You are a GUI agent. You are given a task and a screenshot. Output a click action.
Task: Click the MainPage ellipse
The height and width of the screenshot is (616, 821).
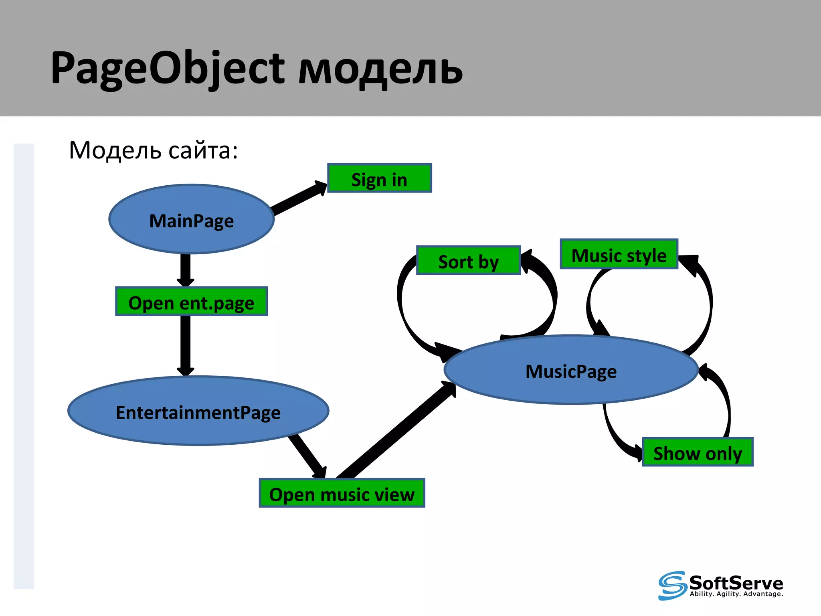192,219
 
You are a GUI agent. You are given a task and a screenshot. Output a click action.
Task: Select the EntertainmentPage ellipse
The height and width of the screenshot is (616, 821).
198,411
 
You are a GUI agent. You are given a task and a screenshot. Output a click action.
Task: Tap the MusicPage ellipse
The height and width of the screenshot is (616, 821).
571,370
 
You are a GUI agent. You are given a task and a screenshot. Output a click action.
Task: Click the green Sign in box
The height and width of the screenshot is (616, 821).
379,178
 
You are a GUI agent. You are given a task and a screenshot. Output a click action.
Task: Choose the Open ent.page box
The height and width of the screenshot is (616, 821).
191,302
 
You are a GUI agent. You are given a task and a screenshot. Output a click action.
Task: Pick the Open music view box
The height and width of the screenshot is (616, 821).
342,493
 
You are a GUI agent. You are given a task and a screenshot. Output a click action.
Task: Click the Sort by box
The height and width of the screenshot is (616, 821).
468,261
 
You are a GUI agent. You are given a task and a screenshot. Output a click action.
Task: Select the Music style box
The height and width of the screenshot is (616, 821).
619,254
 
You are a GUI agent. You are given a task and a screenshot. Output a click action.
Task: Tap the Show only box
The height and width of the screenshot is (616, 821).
697,452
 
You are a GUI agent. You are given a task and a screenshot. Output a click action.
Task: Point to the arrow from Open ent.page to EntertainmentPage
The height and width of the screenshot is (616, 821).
185,345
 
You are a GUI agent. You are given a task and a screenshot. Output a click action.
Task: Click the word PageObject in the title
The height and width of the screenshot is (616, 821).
168,68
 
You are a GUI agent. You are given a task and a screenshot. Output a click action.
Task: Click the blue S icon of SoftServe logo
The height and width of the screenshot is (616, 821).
672,586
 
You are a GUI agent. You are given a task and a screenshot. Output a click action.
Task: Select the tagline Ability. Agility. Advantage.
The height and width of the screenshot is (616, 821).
736,594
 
